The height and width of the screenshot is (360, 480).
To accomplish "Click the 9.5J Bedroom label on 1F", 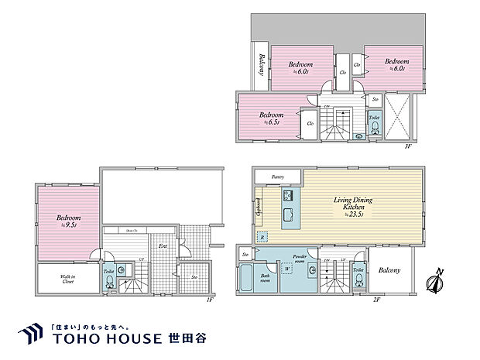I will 69,221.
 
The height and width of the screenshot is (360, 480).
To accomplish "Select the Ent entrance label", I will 164,247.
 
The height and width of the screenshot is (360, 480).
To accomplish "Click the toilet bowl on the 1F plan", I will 109,283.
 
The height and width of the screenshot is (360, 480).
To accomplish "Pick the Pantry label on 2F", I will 278,177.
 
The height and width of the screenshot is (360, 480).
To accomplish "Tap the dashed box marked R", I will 262,237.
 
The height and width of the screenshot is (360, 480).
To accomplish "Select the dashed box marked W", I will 287,270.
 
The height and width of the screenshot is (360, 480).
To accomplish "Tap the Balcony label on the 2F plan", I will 389,270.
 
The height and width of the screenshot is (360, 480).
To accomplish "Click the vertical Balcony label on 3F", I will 262,65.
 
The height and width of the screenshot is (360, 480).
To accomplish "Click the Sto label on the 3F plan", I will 375,99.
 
